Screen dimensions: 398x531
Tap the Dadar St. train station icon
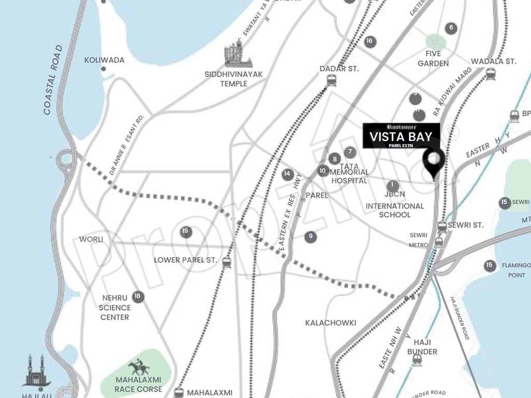pyautogui.click(x=331, y=80)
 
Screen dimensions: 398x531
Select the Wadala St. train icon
pyautogui.click(x=490, y=74)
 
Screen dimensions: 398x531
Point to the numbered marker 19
pyautogui.click(x=186, y=232)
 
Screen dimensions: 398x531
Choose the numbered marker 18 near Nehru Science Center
pyautogui.click(x=137, y=296)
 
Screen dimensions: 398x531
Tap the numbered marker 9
pyautogui.click(x=311, y=237)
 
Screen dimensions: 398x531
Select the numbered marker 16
pyautogui.click(x=370, y=41)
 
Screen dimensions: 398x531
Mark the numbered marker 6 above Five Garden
pyautogui.click(x=451, y=28)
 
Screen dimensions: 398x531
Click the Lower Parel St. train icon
pyautogui.click(x=227, y=262)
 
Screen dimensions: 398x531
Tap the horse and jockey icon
pyautogui.click(x=138, y=367)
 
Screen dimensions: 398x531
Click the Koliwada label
pyautogui.click(x=104, y=60)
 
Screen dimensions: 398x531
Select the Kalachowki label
pyautogui.click(x=330, y=323)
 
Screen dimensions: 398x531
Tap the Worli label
pyautogui.click(x=91, y=239)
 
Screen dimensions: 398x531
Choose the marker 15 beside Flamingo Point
pyautogui.click(x=489, y=265)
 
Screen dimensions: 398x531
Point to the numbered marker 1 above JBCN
pyautogui.click(x=393, y=185)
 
